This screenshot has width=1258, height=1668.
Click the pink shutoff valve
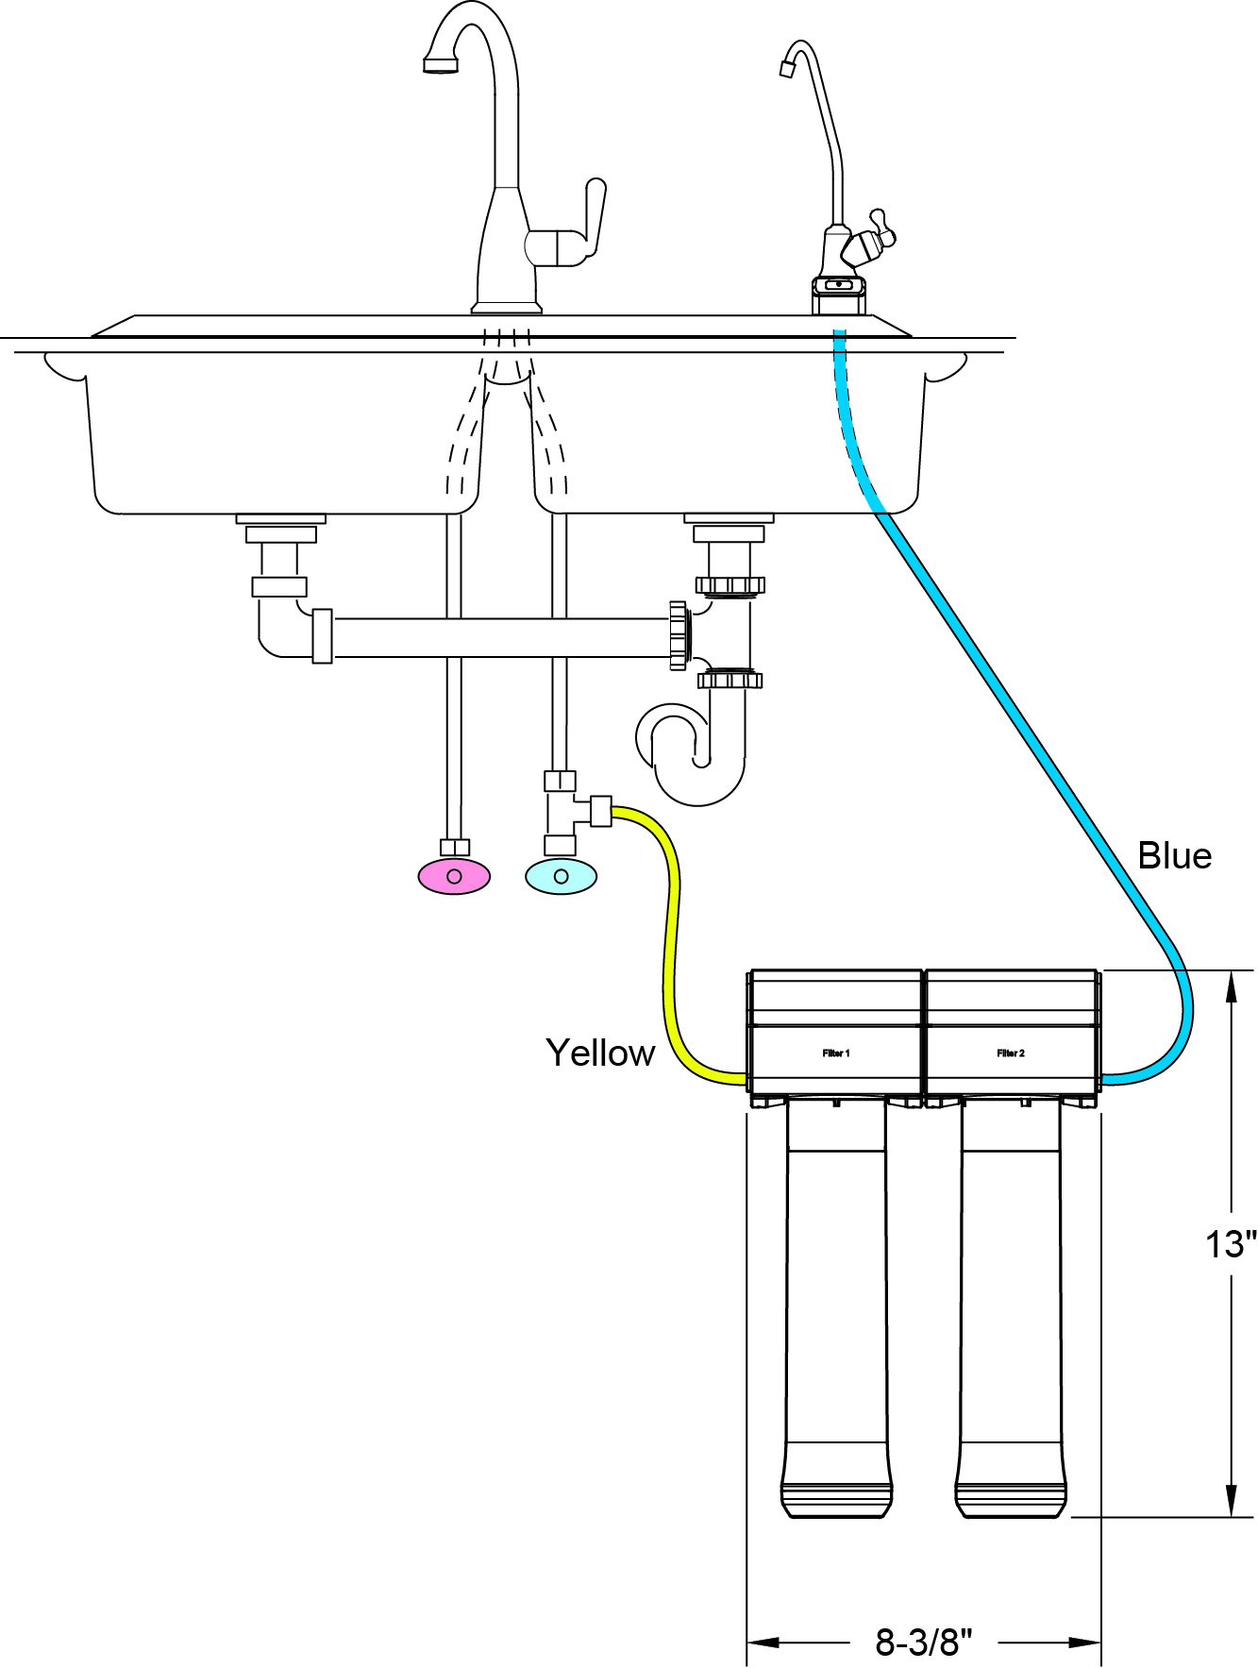tap(454, 876)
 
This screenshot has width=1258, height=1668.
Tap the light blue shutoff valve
tap(562, 876)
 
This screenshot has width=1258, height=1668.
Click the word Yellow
tap(600, 1053)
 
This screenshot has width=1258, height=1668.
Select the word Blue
tap(1174, 855)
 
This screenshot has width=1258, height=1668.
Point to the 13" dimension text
tap(1232, 1244)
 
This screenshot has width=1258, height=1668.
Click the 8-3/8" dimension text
tap(923, 1642)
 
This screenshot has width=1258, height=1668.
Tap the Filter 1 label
tap(836, 1053)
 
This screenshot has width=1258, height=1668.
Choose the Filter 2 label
tap(1011, 1053)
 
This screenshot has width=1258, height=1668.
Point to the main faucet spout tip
tap(440, 65)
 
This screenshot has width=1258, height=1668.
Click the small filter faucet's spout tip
tap(785, 68)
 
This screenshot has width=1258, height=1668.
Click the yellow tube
tap(672, 944)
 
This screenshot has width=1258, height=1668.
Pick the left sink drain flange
tap(280, 519)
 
